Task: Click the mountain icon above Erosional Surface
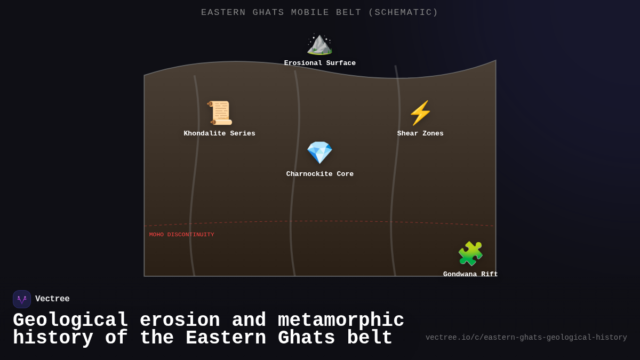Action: pos(319,44)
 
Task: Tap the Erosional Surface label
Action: pos(319,63)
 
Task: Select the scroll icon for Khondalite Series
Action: pos(220,113)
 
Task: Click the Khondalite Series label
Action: pos(220,134)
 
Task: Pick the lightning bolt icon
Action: pos(420,113)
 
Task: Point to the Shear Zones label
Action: pos(420,134)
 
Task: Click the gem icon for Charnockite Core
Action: pos(319,153)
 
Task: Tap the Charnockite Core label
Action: pos(319,174)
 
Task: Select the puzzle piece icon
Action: pos(470,253)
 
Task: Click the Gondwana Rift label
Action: pos(470,274)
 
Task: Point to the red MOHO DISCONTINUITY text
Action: pos(182,235)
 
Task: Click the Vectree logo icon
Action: pos(22,299)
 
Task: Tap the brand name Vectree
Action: pos(52,299)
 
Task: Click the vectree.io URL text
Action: pos(526,338)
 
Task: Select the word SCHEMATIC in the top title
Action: pos(403,13)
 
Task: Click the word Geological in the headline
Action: pos(70,321)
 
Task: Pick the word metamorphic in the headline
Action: pos(341,321)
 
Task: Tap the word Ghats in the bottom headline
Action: pos(307,338)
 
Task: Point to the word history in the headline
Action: pos(53,338)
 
